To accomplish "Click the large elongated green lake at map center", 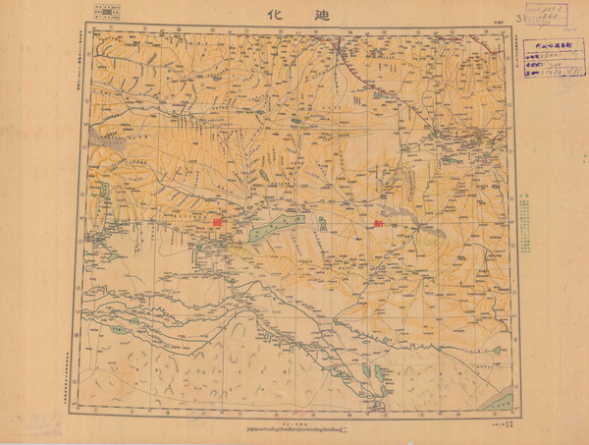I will pos(265,232).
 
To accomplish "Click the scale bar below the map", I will pos(295,429).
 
